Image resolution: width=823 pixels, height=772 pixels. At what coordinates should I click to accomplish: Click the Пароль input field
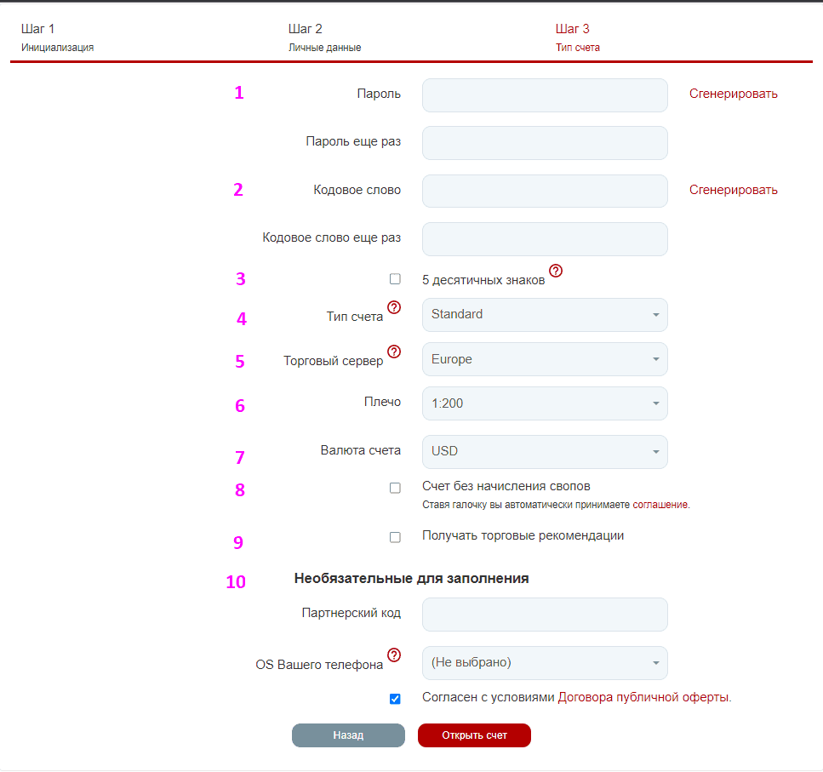click(545, 95)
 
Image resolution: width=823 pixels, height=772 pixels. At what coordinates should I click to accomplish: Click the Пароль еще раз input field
click(545, 143)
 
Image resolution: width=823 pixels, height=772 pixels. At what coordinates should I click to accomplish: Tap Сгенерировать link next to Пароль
click(734, 94)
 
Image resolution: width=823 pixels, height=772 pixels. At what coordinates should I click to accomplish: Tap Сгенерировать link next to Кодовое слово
click(734, 190)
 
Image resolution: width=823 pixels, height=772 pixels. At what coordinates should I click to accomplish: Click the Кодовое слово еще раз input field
click(545, 239)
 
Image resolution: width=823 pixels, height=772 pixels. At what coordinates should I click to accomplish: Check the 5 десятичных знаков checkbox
click(395, 278)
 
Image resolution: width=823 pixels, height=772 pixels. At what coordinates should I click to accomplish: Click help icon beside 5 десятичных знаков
click(556, 271)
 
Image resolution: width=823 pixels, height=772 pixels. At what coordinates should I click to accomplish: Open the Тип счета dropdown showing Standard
click(545, 315)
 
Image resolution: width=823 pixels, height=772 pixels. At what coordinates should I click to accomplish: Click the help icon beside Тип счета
click(394, 307)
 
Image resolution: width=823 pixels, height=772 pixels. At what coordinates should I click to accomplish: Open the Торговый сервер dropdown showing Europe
click(545, 359)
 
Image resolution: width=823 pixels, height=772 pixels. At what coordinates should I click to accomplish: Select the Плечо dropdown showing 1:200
click(545, 403)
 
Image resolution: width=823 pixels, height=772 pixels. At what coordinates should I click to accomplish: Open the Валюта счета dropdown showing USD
click(545, 452)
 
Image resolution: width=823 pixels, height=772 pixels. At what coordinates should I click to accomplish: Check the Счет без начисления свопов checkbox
click(395, 488)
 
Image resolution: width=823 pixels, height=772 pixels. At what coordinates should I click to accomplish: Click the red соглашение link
click(660, 505)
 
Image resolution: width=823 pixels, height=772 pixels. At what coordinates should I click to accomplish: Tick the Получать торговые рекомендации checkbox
click(395, 537)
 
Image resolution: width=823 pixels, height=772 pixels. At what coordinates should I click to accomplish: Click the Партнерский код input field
click(545, 615)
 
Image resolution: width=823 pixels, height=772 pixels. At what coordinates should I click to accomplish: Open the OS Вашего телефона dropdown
click(545, 663)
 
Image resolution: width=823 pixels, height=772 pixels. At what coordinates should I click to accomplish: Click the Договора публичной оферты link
click(643, 697)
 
